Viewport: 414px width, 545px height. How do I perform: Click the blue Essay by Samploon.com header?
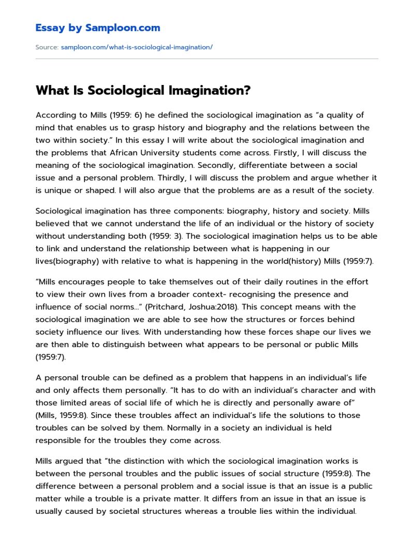click(98, 28)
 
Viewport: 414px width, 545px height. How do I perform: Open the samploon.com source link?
click(137, 47)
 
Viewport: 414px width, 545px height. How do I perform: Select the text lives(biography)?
click(67, 261)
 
